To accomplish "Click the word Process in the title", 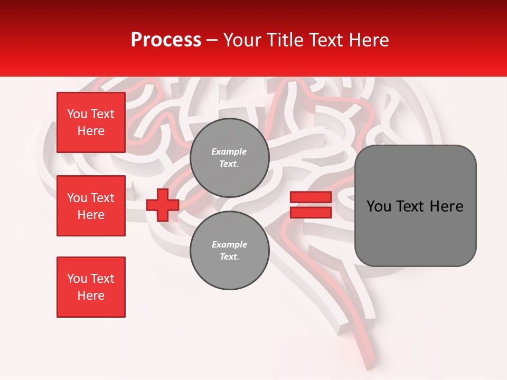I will (166, 40).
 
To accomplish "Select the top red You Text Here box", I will (91, 122).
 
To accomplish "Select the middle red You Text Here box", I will (91, 206).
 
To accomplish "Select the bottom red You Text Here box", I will (91, 287).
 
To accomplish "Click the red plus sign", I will (163, 205).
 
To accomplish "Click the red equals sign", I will (311, 205).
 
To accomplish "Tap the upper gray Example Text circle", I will (229, 158).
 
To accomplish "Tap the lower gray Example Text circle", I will (229, 251).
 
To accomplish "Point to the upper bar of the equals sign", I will (311, 197).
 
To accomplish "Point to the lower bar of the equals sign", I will (311, 212).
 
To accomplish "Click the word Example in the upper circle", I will (229, 151).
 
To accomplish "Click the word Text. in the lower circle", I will (229, 257).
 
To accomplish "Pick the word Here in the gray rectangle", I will (446, 206).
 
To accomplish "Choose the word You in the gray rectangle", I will (380, 206).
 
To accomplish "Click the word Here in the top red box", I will (91, 131).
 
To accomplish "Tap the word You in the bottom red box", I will (77, 279).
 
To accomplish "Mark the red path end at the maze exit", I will (367, 364).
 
